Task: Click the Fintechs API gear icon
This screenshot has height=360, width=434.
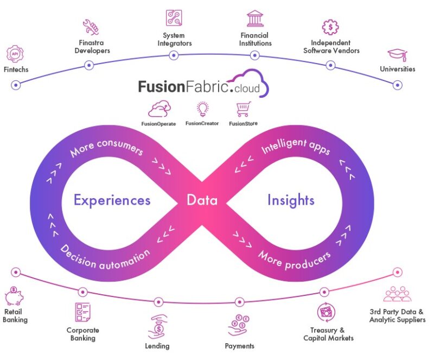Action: point(15,54)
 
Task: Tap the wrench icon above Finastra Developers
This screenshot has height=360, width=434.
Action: point(90,27)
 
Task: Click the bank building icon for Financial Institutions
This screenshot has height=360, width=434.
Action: point(255,18)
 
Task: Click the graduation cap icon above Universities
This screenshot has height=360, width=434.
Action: point(397,55)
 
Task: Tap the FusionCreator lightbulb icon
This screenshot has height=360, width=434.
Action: point(202,109)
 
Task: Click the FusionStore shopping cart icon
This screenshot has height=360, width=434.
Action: point(244,109)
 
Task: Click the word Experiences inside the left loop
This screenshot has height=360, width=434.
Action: point(112,200)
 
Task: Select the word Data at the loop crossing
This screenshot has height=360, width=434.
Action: point(202,200)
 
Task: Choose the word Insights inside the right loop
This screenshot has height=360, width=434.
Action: point(291,200)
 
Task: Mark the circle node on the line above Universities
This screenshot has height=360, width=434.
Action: point(398,85)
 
